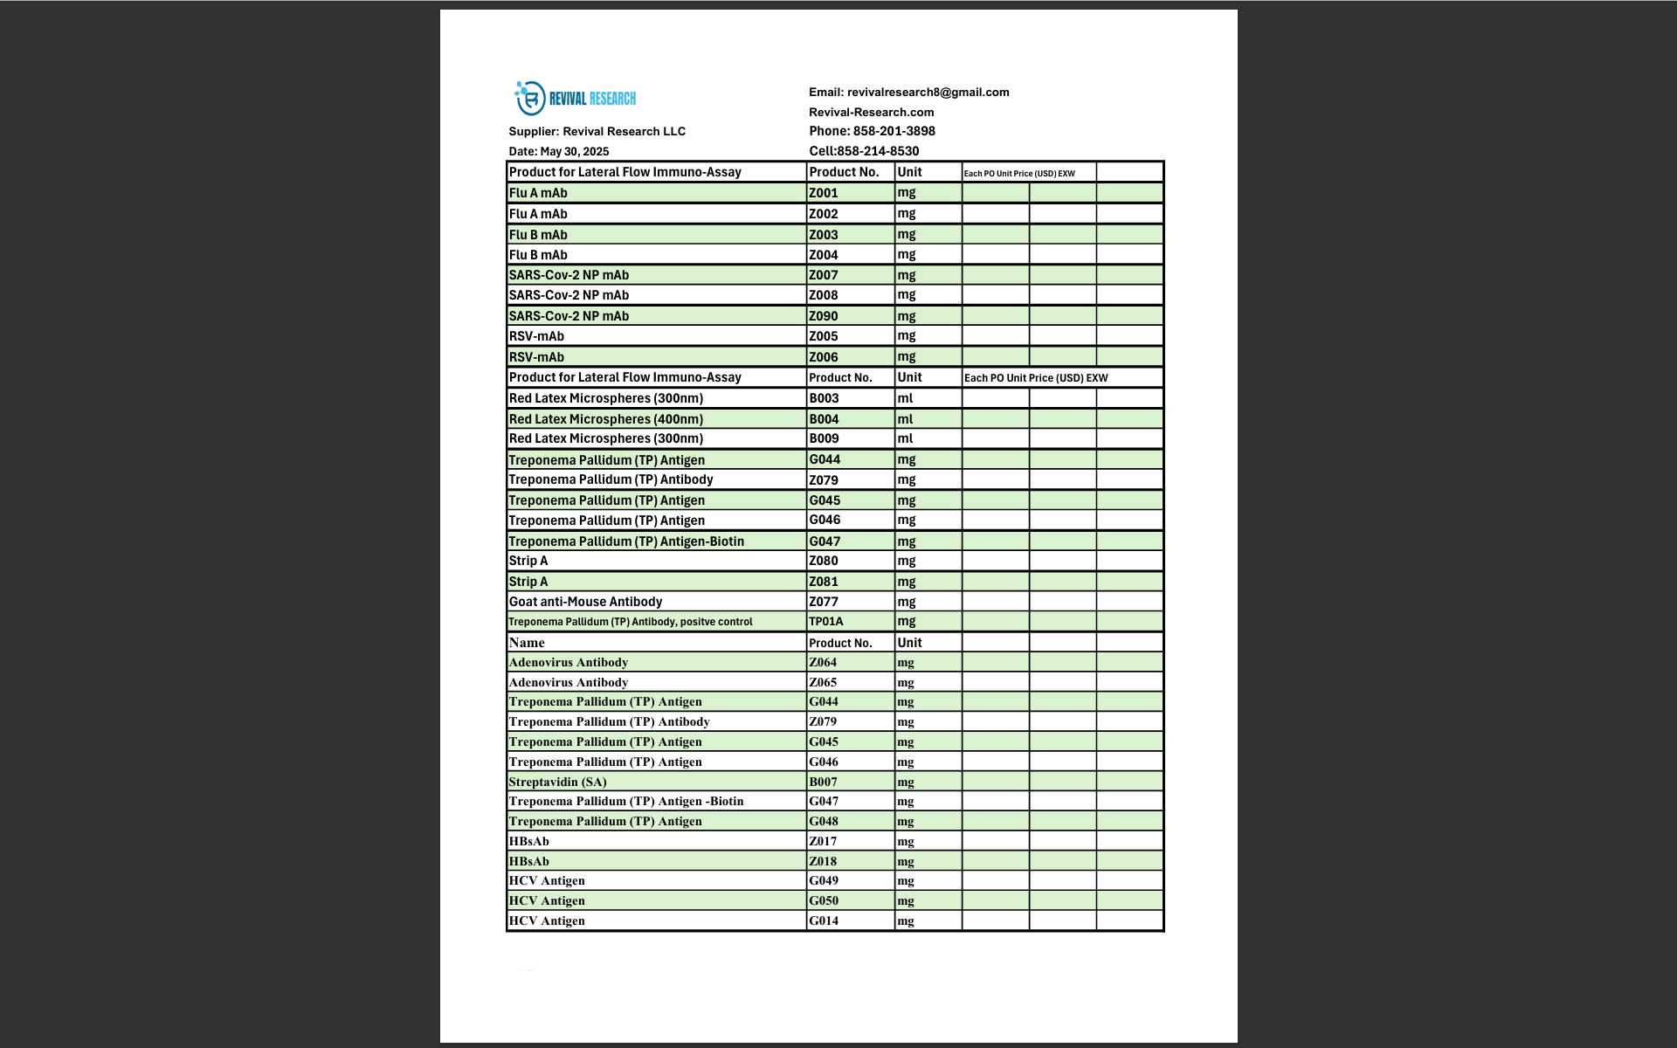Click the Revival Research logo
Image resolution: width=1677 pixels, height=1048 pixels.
(x=575, y=99)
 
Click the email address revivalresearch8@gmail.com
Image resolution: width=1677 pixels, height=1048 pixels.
(x=928, y=92)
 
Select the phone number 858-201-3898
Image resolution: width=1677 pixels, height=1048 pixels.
(x=894, y=131)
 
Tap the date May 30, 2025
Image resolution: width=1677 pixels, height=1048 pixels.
(x=574, y=151)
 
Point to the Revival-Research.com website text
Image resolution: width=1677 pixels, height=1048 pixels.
(x=871, y=112)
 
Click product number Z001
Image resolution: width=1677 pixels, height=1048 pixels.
(x=823, y=193)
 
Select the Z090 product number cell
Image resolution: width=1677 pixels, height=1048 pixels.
(x=823, y=316)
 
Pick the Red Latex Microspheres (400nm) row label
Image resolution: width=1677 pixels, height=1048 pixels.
(x=605, y=419)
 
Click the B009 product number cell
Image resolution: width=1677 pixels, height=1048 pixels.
(x=824, y=438)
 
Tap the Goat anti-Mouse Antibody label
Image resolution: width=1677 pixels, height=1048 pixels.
(x=585, y=602)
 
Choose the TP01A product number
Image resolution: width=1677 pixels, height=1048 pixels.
(x=825, y=622)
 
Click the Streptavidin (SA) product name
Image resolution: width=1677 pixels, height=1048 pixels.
(x=557, y=782)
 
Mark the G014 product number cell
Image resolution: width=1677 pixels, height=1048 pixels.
(x=823, y=920)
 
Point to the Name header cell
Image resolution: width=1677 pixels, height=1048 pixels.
(x=527, y=643)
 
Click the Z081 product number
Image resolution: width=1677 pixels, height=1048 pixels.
(x=823, y=582)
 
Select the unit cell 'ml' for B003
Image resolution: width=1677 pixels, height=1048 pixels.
(x=905, y=398)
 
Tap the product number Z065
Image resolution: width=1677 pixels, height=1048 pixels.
(x=822, y=682)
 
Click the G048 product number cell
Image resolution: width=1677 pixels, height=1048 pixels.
(x=823, y=821)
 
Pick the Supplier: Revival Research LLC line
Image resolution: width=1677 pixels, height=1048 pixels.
(x=597, y=131)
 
